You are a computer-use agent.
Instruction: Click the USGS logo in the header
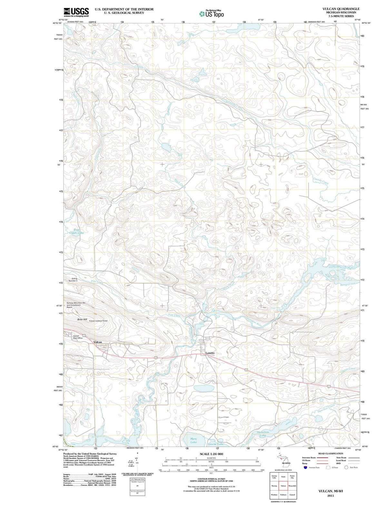click(x=76, y=12)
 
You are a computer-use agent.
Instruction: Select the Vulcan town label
click(x=98, y=342)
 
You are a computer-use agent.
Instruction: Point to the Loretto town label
click(x=210, y=353)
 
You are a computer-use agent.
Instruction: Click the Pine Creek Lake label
click(x=77, y=231)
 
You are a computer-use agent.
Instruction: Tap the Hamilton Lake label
click(x=263, y=433)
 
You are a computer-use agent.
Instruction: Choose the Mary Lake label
click(x=193, y=440)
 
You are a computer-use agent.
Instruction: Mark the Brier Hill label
click(x=82, y=319)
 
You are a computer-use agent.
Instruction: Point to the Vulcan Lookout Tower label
click(x=98, y=321)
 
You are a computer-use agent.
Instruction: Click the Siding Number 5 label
click(x=72, y=280)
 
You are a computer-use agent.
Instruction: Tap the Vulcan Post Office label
click(x=78, y=337)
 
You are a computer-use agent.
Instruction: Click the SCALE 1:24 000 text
click(x=211, y=454)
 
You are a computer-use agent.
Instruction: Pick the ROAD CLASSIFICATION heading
click(x=330, y=453)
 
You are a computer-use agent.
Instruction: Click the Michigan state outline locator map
click(x=284, y=459)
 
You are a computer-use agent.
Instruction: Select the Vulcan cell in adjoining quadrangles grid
click(x=283, y=486)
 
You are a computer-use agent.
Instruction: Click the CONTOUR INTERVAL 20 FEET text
click(x=211, y=479)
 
